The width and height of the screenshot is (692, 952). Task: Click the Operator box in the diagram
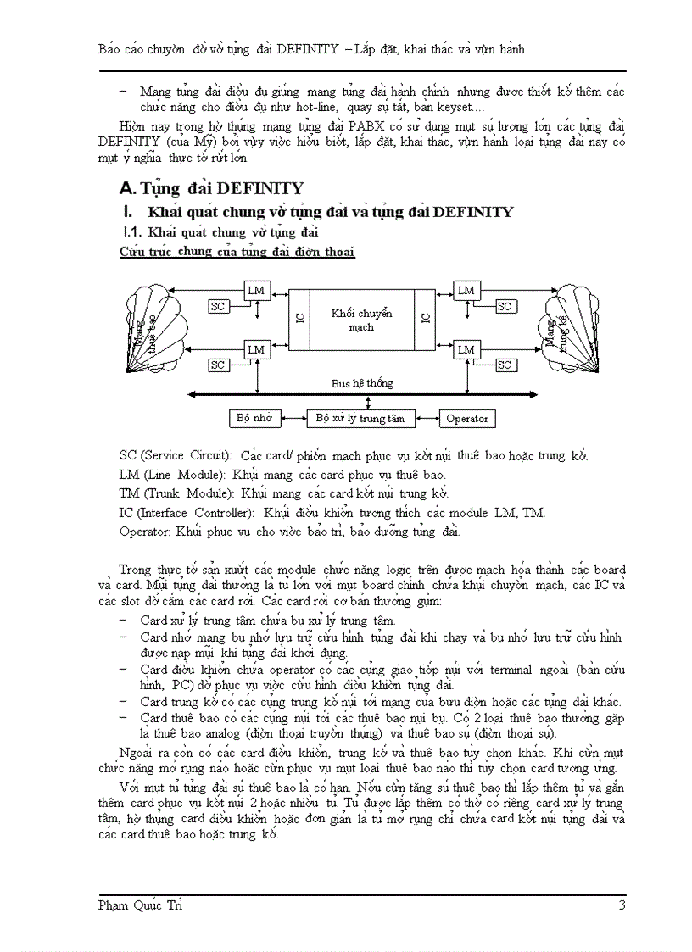tap(466, 418)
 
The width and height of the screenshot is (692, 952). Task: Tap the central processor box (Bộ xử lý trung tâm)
tap(360, 418)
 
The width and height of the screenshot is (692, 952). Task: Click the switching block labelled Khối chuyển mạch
tap(361, 320)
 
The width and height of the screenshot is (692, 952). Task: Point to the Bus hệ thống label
tap(362, 383)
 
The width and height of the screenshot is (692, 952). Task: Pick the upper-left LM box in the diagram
tap(256, 291)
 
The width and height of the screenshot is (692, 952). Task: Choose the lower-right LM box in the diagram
tap(466, 349)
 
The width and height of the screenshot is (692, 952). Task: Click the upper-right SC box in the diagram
tap(505, 306)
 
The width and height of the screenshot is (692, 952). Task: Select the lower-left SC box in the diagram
tap(218, 365)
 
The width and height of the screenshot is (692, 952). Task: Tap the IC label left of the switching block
tap(299, 318)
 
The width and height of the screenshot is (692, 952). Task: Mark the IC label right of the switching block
tap(426, 318)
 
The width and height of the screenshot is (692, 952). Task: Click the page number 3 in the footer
tap(622, 905)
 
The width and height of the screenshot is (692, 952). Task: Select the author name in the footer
tap(141, 905)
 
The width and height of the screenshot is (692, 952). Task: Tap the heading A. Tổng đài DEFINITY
tap(212, 187)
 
